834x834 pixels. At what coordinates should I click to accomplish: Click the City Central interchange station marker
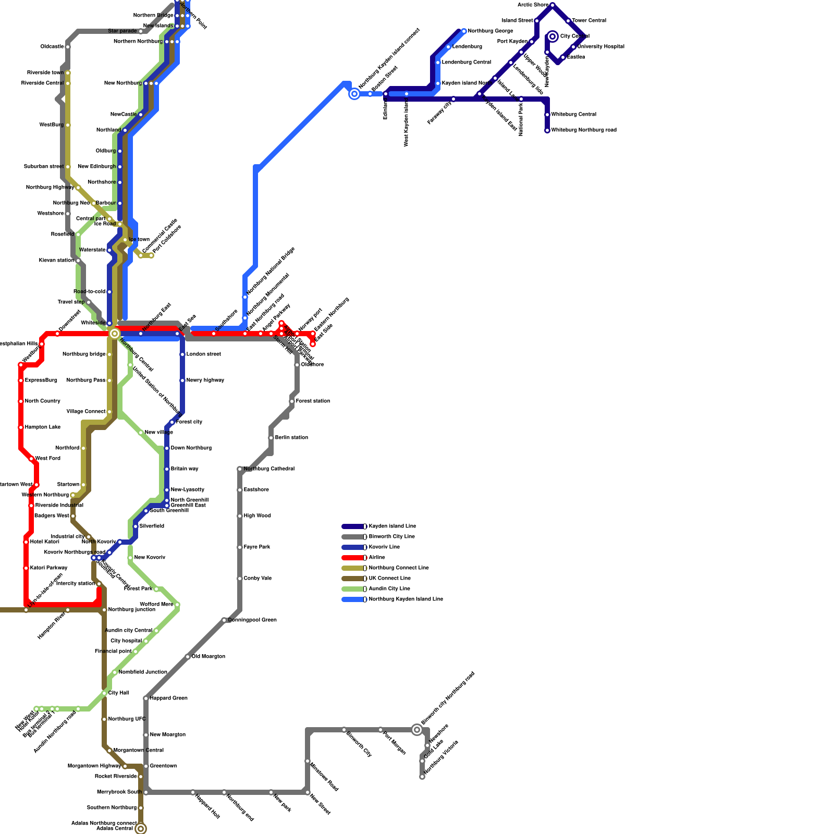click(x=553, y=36)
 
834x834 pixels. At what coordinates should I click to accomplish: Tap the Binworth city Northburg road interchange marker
click(x=416, y=730)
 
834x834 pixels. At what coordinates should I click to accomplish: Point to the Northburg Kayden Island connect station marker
click(x=354, y=94)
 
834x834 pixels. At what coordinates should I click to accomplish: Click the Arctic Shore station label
click(x=533, y=5)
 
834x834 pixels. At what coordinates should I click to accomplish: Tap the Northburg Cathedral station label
click(x=269, y=469)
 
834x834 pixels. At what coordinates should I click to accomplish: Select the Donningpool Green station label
click(x=252, y=620)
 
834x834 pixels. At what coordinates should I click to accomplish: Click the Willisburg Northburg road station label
click(x=584, y=130)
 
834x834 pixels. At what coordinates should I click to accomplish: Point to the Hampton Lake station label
click(x=43, y=427)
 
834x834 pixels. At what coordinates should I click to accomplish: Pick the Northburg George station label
click(x=490, y=31)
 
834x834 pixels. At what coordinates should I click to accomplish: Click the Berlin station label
click(x=291, y=438)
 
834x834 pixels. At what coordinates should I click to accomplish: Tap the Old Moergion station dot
click(x=188, y=657)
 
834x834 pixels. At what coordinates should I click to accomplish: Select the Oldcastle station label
click(x=52, y=47)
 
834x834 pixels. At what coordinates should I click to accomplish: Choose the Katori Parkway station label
click(x=48, y=568)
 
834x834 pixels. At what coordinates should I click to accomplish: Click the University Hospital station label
click(x=600, y=47)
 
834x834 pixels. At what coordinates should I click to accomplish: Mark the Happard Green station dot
click(x=146, y=698)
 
